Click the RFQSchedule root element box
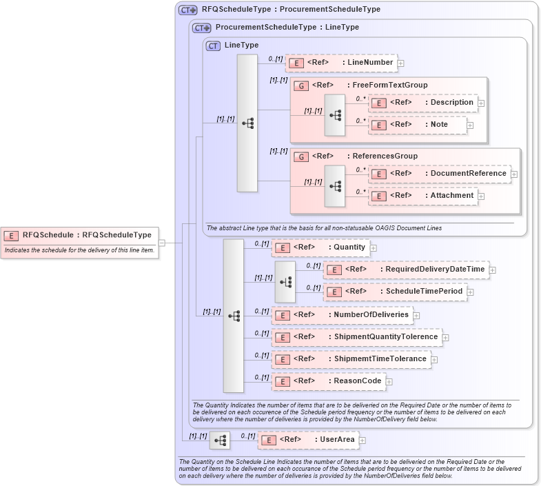[x=79, y=235]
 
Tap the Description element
[x=423, y=103]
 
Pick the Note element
[x=418, y=125]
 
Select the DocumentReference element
[x=441, y=174]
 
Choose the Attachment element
[x=423, y=196]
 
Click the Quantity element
[x=320, y=247]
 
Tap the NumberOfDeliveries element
[x=342, y=315]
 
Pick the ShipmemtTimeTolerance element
[x=351, y=359]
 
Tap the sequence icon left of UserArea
[x=220, y=440]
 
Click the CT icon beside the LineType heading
[x=213, y=45]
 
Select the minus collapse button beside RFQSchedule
[x=162, y=243]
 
